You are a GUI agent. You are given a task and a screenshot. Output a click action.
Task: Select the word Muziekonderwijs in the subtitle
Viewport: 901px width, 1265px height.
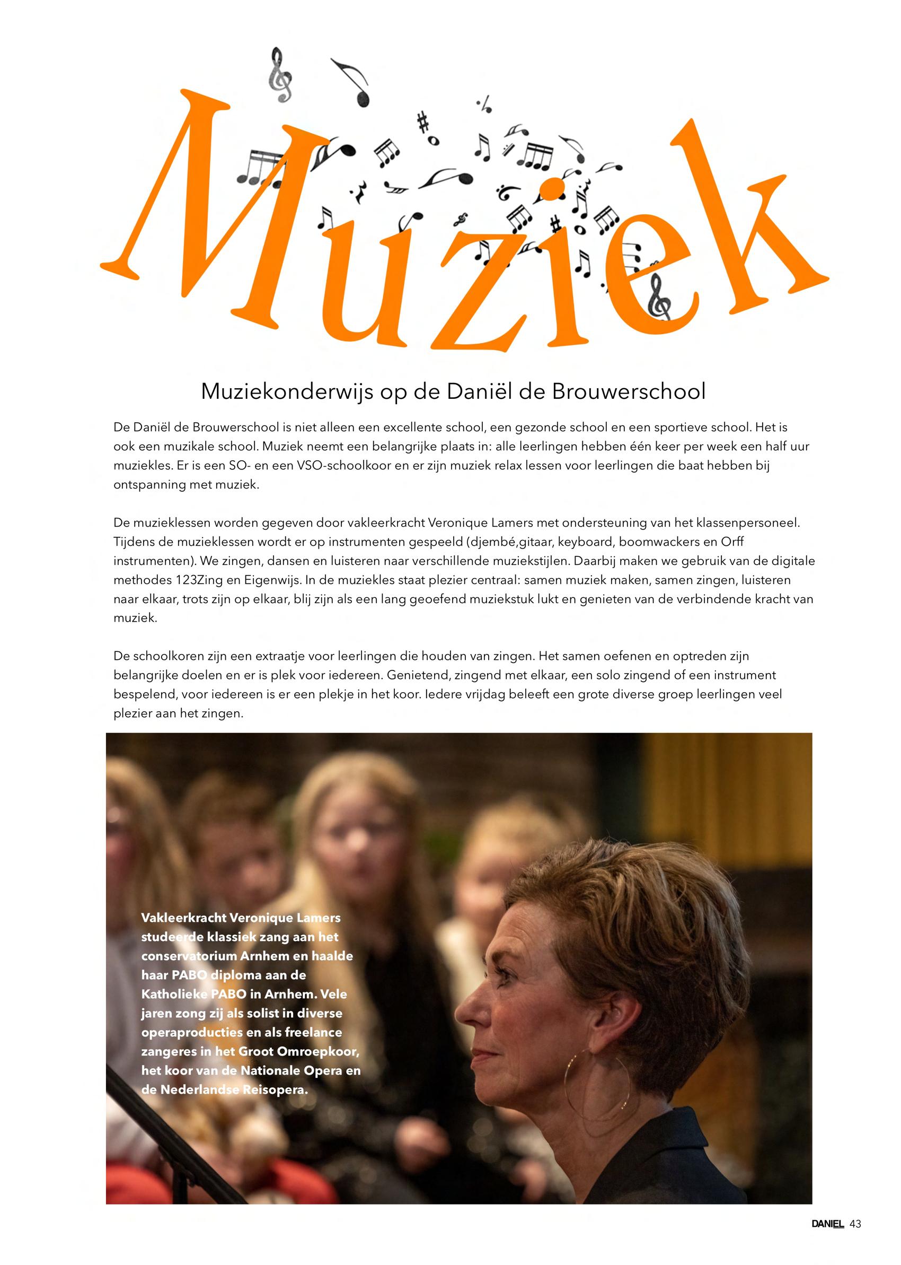[x=286, y=392]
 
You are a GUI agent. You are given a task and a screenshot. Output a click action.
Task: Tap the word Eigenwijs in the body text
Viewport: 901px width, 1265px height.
[x=259, y=580]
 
